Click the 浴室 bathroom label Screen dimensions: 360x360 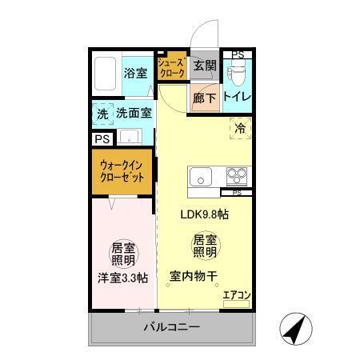135,73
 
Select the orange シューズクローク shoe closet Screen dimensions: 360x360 171,67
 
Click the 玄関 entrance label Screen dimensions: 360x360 204,67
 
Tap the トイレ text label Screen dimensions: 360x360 237,98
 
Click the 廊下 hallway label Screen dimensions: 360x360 204,99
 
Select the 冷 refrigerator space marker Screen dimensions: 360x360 239,126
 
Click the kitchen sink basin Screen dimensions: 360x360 199,177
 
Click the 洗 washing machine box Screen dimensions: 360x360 102,114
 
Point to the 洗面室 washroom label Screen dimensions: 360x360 134,114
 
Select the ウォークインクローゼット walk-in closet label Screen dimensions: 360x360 122,172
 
